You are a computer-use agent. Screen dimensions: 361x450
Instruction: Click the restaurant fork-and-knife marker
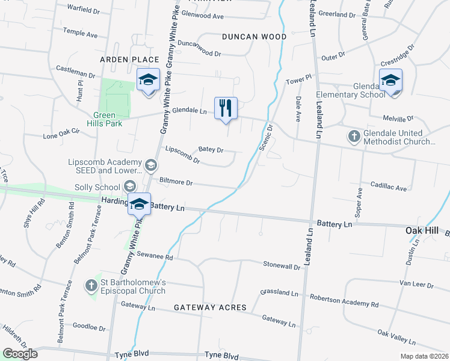(x=226, y=108)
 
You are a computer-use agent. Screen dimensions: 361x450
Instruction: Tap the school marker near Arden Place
(x=147, y=80)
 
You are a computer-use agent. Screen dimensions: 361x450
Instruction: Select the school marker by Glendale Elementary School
(x=390, y=80)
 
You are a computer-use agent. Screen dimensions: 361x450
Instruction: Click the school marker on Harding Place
(x=139, y=204)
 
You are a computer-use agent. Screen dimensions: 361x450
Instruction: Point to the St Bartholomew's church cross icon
(x=91, y=285)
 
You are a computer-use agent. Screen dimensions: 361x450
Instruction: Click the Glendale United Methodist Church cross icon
(x=354, y=137)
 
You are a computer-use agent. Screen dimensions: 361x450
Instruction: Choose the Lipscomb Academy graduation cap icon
(x=150, y=164)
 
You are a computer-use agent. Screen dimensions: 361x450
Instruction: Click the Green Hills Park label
(x=108, y=119)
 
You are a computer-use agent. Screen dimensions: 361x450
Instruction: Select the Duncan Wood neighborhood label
(x=254, y=37)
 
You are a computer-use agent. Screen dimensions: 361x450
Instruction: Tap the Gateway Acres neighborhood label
(x=210, y=307)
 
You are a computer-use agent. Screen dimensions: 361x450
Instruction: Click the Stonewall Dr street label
(x=282, y=265)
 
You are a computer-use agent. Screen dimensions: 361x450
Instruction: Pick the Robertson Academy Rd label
(x=344, y=301)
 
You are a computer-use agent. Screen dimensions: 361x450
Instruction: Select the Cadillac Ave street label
(x=389, y=188)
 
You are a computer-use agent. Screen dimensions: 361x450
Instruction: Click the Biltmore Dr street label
(x=176, y=182)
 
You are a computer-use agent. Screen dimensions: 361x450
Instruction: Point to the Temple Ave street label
(x=80, y=34)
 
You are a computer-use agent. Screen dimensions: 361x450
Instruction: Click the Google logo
(x=20, y=354)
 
